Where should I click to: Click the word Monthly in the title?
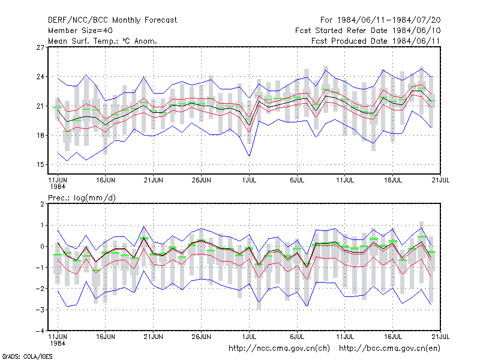tap(126, 20)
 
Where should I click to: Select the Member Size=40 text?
tap(80, 31)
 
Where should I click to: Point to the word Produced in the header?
tap(351, 41)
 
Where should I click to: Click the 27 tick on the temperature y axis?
tap(40, 47)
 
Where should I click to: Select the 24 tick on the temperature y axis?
tap(40, 77)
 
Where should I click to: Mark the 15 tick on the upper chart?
tap(40, 164)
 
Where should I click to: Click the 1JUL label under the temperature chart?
tap(249, 180)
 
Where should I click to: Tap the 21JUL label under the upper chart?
tap(440, 180)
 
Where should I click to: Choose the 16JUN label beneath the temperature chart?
tap(106, 180)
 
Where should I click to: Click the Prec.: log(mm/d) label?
tap(82, 198)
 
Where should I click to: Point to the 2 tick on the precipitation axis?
tap(42, 204)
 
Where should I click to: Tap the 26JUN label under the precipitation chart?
tap(201, 337)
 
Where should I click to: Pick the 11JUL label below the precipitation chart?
tap(345, 337)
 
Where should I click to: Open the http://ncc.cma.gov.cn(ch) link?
tap(279, 349)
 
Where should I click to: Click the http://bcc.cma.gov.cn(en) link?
tap(389, 349)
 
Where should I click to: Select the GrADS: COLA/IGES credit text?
tap(27, 356)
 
